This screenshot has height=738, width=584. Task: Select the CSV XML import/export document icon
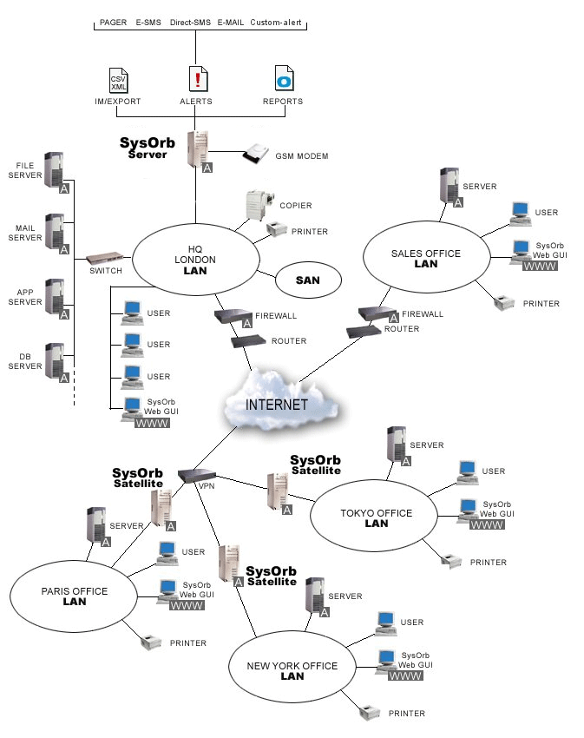point(118,79)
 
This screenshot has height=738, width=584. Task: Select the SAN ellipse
point(308,280)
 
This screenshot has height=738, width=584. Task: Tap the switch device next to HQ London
point(105,259)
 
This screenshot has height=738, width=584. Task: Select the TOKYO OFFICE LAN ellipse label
point(376,517)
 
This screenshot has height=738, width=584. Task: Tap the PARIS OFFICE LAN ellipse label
point(74,596)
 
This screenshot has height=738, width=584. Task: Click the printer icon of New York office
point(371,712)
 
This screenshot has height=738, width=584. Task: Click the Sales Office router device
point(364,332)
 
